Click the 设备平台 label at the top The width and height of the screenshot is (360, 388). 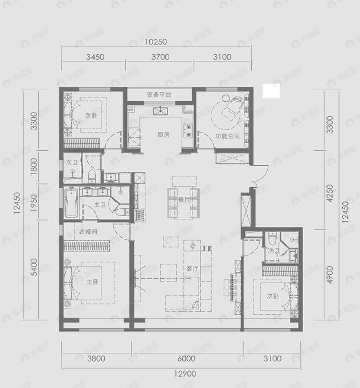click(159, 95)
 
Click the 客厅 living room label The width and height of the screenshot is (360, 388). click(192, 268)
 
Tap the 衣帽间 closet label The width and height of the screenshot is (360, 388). click(88, 232)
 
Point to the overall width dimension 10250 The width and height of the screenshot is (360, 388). click(155, 42)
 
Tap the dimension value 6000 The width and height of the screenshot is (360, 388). click(186, 358)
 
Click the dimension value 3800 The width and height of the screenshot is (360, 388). click(97, 358)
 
